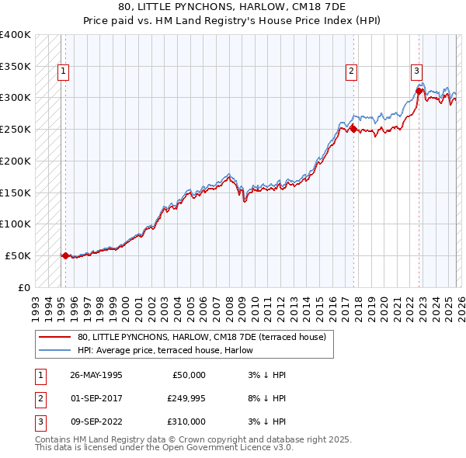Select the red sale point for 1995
coord(65,255)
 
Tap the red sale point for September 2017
coord(353,129)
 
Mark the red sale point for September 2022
coord(419,91)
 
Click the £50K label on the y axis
coord(18,255)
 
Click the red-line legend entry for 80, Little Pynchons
coord(206,337)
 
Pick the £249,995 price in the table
coord(186,398)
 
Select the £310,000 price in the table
coord(186,422)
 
